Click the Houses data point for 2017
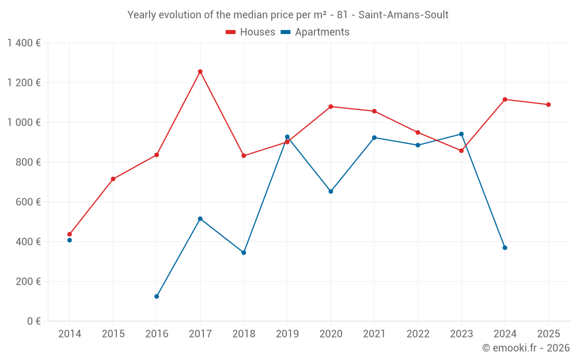200,71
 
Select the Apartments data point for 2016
157,297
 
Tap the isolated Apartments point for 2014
70,240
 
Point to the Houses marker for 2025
548,105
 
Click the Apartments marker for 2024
505,248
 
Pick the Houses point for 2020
331,107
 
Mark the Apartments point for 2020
331,191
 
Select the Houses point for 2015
113,179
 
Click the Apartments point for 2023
461,134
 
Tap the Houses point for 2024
505,100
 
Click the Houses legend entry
251,32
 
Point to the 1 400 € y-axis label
24,43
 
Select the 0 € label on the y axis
33,321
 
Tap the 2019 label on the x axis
287,334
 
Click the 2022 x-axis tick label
418,334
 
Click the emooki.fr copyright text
526,348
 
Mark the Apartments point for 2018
244,253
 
